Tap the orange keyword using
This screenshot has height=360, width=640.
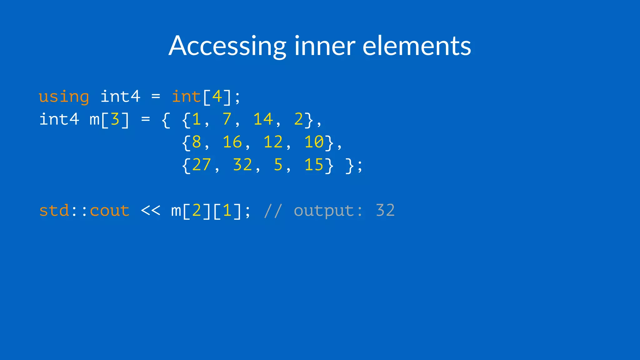pyautogui.click(x=64, y=97)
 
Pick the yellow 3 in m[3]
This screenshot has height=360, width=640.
pyautogui.click(x=115, y=119)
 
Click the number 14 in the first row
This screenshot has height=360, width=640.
pyautogui.click(x=263, y=119)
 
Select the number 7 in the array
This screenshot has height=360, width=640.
pyautogui.click(x=227, y=119)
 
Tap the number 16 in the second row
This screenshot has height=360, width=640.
pyautogui.click(x=232, y=142)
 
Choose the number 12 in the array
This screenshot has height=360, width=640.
pyautogui.click(x=273, y=142)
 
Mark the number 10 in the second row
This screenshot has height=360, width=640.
pyautogui.click(x=314, y=142)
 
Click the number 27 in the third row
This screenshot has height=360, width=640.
pyautogui.click(x=202, y=165)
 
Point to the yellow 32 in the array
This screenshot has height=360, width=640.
pyautogui.click(x=242, y=165)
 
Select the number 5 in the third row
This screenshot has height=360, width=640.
pyautogui.click(x=278, y=165)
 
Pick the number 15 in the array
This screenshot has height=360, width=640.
pyautogui.click(x=314, y=165)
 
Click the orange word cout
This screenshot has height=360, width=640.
pyautogui.click(x=110, y=211)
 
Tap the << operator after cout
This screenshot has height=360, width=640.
pyautogui.click(x=150, y=211)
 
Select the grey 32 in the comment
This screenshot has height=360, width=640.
pyautogui.click(x=385, y=211)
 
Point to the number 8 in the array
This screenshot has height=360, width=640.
pyautogui.click(x=197, y=142)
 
